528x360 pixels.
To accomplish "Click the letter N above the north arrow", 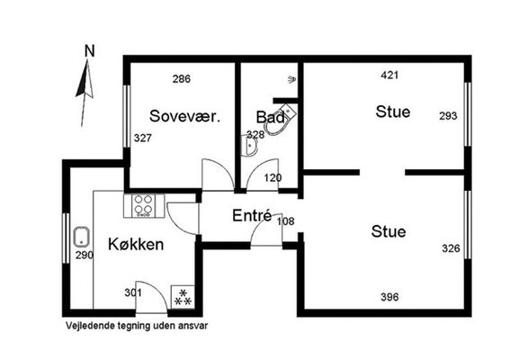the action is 90,51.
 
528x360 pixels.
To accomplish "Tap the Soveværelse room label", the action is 185,116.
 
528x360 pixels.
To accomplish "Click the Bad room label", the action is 271,117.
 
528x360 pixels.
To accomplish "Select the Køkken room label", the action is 136,244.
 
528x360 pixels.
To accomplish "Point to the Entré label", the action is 252,215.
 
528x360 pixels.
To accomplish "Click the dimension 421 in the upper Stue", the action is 389,75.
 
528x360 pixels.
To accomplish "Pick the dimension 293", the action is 448,116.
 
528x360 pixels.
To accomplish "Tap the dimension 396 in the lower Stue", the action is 389,297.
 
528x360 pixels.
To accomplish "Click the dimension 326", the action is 451,248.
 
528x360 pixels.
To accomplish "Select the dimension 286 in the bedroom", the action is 182,79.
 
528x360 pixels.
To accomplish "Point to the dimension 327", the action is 143,138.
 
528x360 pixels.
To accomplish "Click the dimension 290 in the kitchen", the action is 85,256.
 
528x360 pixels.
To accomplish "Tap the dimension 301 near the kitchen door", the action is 133,292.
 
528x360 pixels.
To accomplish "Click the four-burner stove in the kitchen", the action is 144,205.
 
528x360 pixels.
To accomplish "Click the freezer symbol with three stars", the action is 183,297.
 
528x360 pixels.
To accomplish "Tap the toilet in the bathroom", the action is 280,121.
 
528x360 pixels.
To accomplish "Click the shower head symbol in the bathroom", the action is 292,79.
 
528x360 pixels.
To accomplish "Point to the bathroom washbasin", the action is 249,145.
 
